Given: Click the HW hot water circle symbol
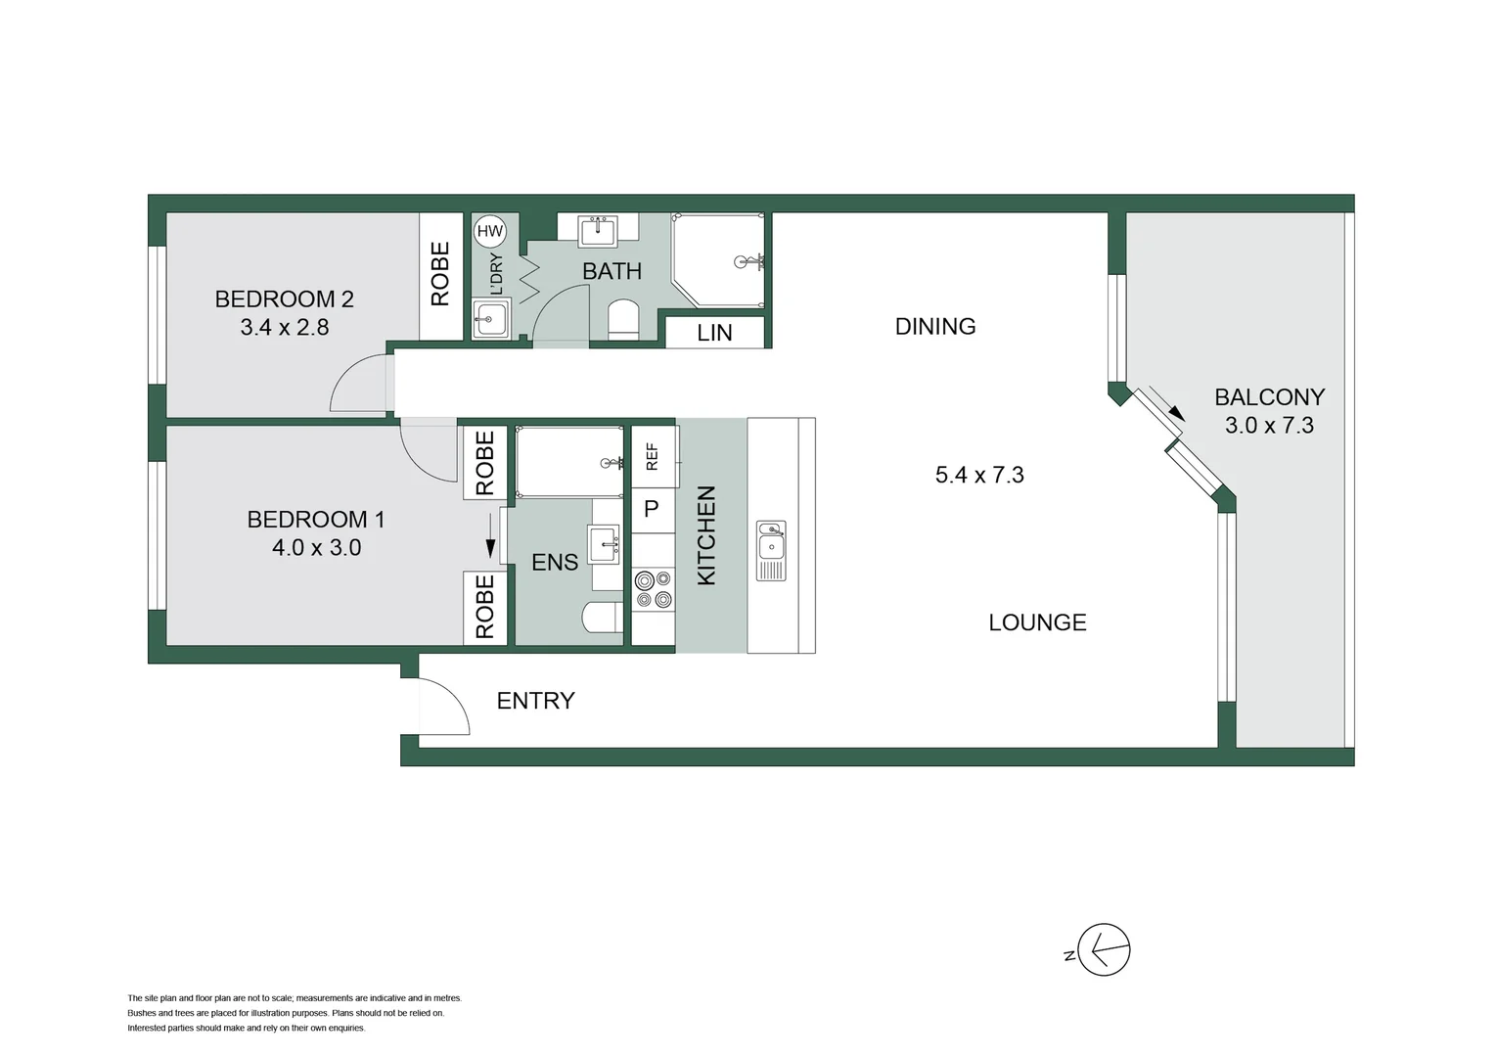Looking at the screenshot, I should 489,232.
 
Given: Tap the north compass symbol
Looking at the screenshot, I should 1103,949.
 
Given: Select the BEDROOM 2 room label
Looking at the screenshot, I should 284,299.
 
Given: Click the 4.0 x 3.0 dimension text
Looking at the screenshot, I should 316,548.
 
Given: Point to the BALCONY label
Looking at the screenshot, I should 1269,397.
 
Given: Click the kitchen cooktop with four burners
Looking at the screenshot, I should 653,589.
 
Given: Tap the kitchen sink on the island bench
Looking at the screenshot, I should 771,551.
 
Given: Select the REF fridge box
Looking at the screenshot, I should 653,457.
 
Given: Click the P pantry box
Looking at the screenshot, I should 653,510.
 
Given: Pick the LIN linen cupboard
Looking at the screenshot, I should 714,333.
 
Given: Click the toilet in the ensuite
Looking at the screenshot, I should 600,619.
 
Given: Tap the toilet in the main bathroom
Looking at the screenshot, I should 623,320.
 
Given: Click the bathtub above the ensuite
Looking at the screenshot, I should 569,462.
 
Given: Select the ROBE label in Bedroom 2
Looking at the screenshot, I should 440,274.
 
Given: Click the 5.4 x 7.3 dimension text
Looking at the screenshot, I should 978,476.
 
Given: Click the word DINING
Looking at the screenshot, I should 934,327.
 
